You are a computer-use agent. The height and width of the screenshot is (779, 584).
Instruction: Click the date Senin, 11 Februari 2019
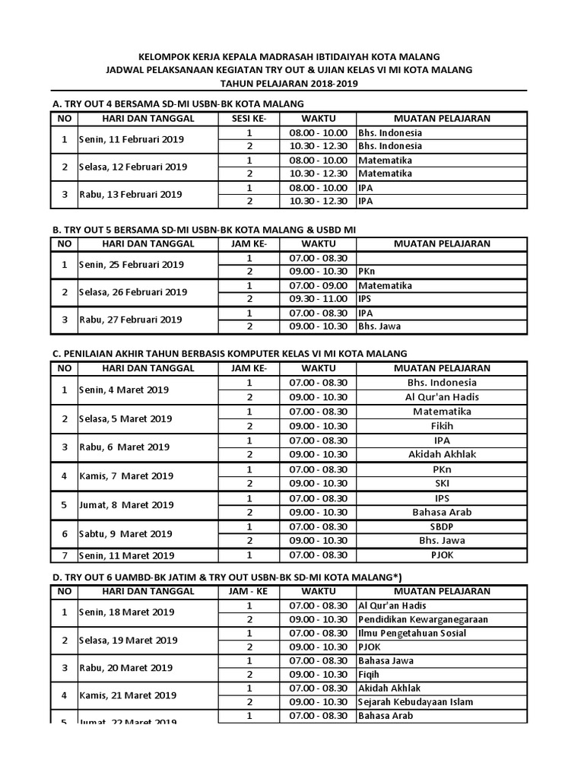[x=132, y=139]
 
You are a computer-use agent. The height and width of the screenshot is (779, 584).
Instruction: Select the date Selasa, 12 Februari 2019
[x=133, y=167]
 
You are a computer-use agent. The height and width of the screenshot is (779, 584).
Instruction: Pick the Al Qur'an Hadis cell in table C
[x=441, y=397]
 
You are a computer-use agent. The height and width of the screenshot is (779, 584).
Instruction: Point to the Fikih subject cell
[x=441, y=426]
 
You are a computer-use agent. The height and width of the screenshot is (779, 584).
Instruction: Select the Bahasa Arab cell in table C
[x=441, y=512]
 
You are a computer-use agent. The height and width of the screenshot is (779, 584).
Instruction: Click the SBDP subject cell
[x=441, y=526]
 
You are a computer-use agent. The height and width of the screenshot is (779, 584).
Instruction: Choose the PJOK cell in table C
[x=441, y=555]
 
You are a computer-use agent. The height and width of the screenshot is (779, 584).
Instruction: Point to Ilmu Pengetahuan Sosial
[x=411, y=633]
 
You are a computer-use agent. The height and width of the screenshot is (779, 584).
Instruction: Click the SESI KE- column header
[x=249, y=118]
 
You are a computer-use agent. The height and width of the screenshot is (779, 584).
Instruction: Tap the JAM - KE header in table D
[x=249, y=590]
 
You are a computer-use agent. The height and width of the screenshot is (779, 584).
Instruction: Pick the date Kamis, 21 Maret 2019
[x=128, y=695]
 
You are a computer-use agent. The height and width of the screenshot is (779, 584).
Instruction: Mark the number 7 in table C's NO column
[x=65, y=555]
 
